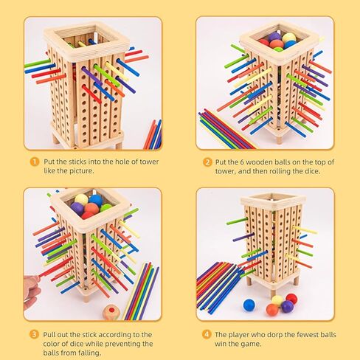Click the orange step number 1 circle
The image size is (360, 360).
point(34,162)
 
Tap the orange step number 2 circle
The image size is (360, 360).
point(208,162)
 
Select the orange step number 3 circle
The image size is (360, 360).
point(34,333)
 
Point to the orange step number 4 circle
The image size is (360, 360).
point(208,333)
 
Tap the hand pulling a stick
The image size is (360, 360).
point(31,289)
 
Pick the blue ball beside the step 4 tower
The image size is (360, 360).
point(249,305)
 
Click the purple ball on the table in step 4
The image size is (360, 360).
point(287,305)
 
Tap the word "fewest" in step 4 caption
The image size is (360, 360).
point(289,333)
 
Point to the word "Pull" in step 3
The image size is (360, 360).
point(52,333)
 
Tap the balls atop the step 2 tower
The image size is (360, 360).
point(277,40)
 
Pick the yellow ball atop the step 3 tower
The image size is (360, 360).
point(81,199)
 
